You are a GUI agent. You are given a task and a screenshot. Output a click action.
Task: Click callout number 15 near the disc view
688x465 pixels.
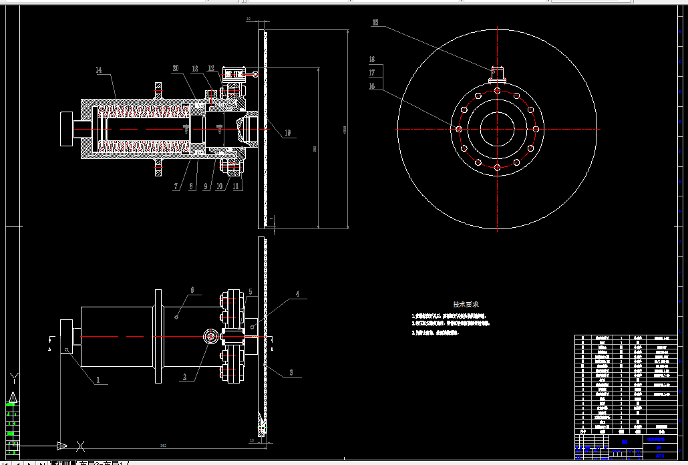point(375,23)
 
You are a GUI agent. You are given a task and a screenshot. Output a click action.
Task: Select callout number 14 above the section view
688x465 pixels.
point(98,69)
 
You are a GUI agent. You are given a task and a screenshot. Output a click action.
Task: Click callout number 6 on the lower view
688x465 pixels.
point(192,290)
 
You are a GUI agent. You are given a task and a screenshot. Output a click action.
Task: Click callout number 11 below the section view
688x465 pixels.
point(236,186)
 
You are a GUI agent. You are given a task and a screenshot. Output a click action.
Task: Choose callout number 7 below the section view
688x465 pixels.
point(176,186)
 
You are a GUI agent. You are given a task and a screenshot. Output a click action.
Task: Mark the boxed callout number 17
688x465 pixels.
point(372,73)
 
